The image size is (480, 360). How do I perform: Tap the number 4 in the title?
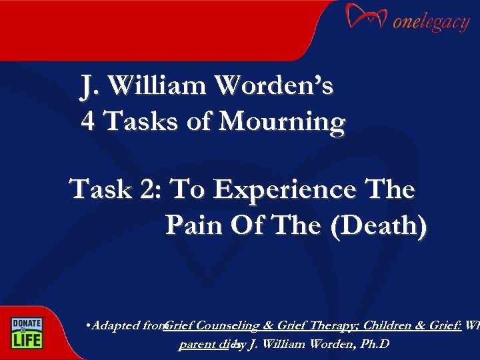(87, 122)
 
